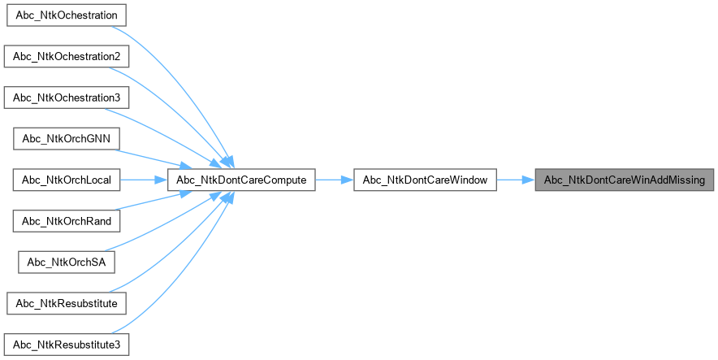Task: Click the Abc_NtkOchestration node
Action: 67,15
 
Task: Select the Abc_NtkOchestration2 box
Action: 66,57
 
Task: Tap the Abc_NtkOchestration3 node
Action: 66,98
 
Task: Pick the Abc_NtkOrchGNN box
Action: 67,138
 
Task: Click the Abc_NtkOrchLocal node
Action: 67,180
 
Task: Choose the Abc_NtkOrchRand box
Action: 67,220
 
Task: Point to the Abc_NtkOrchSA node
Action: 67,262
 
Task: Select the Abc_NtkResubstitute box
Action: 67,303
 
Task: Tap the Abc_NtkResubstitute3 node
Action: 67,344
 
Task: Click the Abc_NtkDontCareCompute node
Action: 241,180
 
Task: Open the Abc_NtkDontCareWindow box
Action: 425,180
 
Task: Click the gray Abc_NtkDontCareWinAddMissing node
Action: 624,180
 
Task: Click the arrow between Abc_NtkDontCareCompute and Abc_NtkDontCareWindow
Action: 334,180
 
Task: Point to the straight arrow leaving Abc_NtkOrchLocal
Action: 144,180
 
